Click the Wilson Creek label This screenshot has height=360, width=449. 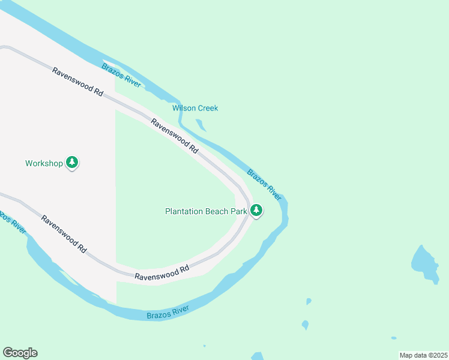[195, 108]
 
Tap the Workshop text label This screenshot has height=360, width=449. [44, 163]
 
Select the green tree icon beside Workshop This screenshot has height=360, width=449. [72, 162]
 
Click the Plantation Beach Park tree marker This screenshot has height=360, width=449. [256, 210]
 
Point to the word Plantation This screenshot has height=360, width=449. [184, 211]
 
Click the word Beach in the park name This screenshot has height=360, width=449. [218, 211]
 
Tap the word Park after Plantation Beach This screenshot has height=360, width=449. [240, 211]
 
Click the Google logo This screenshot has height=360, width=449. [20, 353]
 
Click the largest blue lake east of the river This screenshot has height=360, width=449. [425, 263]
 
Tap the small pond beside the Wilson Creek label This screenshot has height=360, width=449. [201, 125]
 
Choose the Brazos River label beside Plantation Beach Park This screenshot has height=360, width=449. [264, 185]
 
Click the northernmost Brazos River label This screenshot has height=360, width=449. [121, 76]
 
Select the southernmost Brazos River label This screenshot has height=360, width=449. [168, 313]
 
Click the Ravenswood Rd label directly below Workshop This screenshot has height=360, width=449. [64, 233]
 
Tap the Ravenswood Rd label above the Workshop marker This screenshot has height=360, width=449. [78, 82]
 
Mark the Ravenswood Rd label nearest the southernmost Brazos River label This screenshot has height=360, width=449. [162, 273]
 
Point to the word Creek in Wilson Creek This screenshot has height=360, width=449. [207, 108]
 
